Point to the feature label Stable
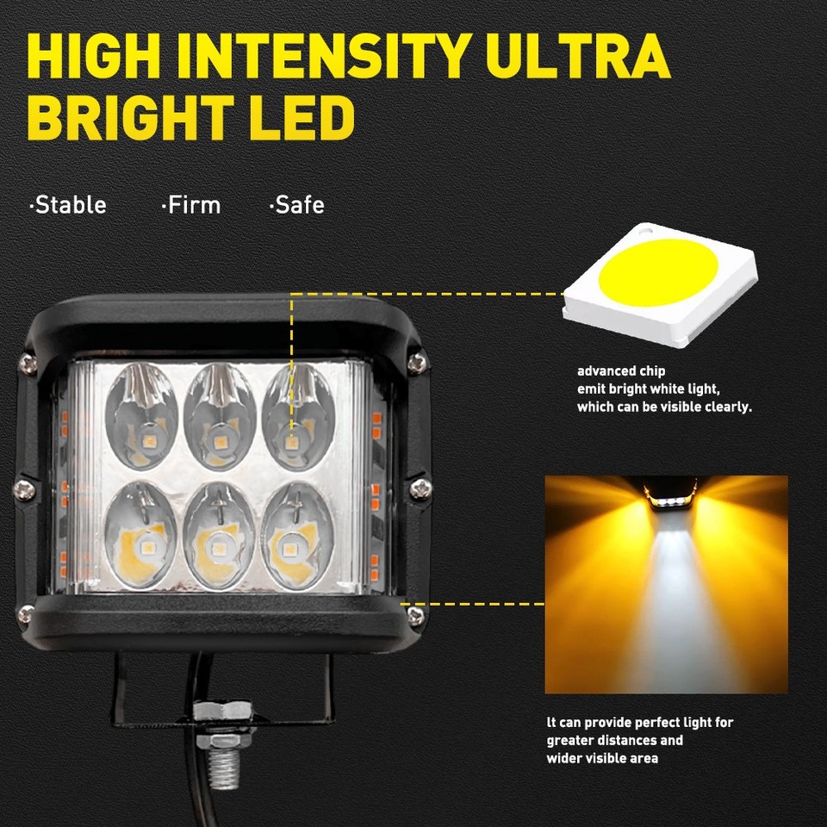pyautogui.click(x=68, y=205)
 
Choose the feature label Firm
pyautogui.click(x=191, y=205)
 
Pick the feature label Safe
pyautogui.click(x=297, y=205)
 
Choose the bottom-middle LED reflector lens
pyautogui.click(x=220, y=534)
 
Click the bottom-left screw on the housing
pyautogui.click(x=27, y=614)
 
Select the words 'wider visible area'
pyautogui.click(x=603, y=758)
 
